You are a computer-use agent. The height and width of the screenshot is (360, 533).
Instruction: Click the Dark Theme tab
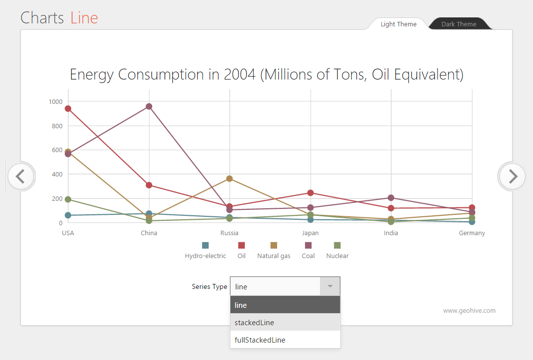tap(458, 24)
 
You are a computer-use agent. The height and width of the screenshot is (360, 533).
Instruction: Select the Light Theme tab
tap(398, 24)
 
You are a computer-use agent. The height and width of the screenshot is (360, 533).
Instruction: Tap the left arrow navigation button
tap(21, 176)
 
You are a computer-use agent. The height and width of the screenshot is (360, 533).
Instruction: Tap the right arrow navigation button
tap(512, 176)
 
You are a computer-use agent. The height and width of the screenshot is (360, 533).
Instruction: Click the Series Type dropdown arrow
tap(329, 286)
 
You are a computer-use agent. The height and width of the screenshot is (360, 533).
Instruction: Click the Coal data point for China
tap(149, 106)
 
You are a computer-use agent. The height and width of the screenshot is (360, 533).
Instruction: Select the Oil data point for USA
tap(68, 108)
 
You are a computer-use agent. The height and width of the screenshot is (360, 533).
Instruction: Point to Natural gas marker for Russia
tap(229, 179)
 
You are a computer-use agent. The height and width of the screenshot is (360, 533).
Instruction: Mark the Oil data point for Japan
tap(311, 192)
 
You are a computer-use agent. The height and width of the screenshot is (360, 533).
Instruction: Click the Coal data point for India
tap(391, 198)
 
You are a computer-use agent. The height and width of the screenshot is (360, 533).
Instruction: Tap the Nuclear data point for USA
tap(68, 199)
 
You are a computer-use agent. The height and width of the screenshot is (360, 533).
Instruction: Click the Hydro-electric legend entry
tap(205, 251)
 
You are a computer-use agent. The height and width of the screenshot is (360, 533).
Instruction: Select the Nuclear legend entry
tap(337, 251)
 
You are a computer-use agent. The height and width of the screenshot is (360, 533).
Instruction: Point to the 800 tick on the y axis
tap(55, 126)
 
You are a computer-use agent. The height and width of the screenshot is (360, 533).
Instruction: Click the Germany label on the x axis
tap(472, 233)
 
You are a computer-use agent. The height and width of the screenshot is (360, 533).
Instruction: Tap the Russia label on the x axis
tap(229, 233)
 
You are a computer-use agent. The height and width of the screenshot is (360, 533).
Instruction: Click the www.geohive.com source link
tap(469, 311)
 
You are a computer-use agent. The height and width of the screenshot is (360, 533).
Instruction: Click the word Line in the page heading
tap(84, 18)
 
